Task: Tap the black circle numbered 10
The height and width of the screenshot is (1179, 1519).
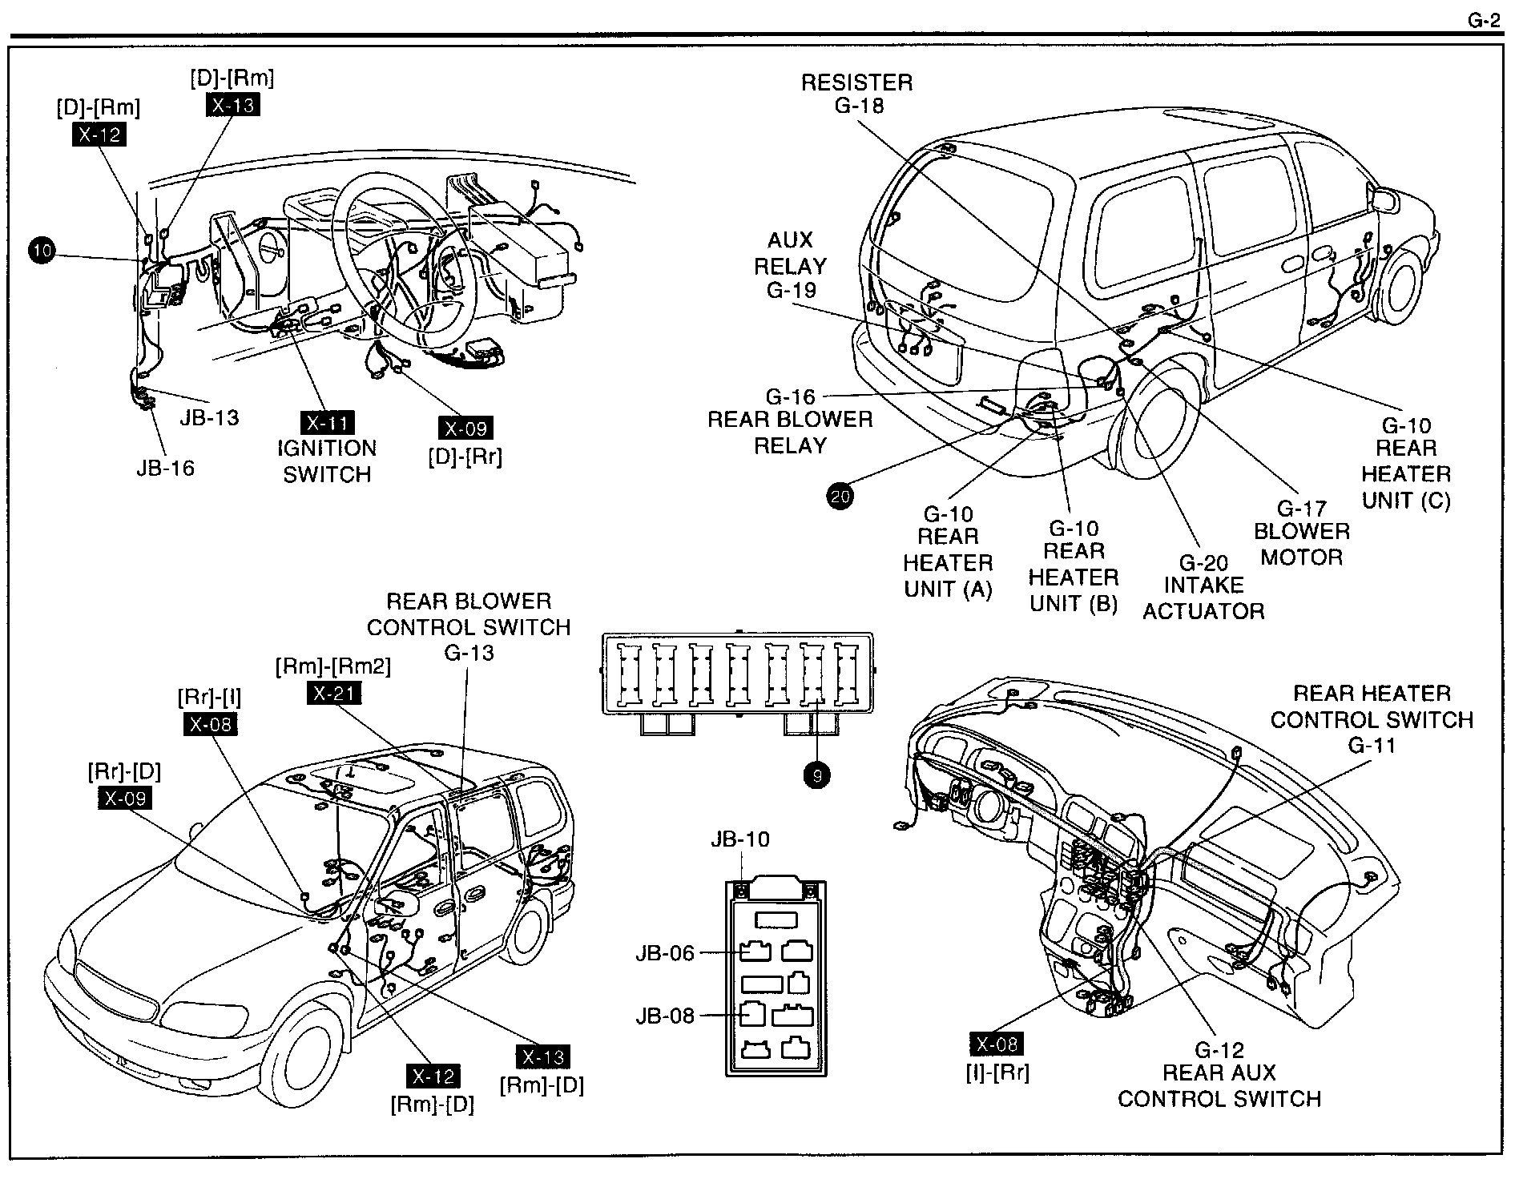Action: click(42, 251)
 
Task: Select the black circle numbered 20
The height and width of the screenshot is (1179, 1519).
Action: click(840, 497)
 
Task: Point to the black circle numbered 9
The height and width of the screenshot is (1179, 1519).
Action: click(817, 775)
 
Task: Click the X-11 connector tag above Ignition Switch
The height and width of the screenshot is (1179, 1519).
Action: click(327, 423)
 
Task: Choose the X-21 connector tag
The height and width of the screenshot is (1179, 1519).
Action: click(335, 693)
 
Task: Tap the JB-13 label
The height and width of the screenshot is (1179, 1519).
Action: click(209, 417)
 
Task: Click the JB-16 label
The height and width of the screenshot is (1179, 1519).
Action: click(165, 468)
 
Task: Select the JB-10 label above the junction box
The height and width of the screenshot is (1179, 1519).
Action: click(740, 839)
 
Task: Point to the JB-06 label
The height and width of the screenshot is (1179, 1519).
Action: click(665, 953)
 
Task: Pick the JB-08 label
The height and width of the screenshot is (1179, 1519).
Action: click(665, 1016)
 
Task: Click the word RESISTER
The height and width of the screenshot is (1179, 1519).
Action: click(857, 82)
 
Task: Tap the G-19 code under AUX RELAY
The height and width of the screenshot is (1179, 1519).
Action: click(792, 290)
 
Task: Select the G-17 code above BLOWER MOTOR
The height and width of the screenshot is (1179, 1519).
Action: click(1302, 508)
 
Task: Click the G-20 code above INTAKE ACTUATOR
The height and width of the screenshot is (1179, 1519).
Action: click(1203, 563)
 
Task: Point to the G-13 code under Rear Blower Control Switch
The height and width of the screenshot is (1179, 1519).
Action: click(469, 653)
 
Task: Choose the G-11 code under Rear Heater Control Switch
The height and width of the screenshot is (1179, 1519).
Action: click(1372, 746)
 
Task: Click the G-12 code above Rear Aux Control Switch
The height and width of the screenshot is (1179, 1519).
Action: click(1219, 1049)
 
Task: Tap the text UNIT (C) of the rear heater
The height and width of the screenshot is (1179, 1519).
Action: click(1407, 500)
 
